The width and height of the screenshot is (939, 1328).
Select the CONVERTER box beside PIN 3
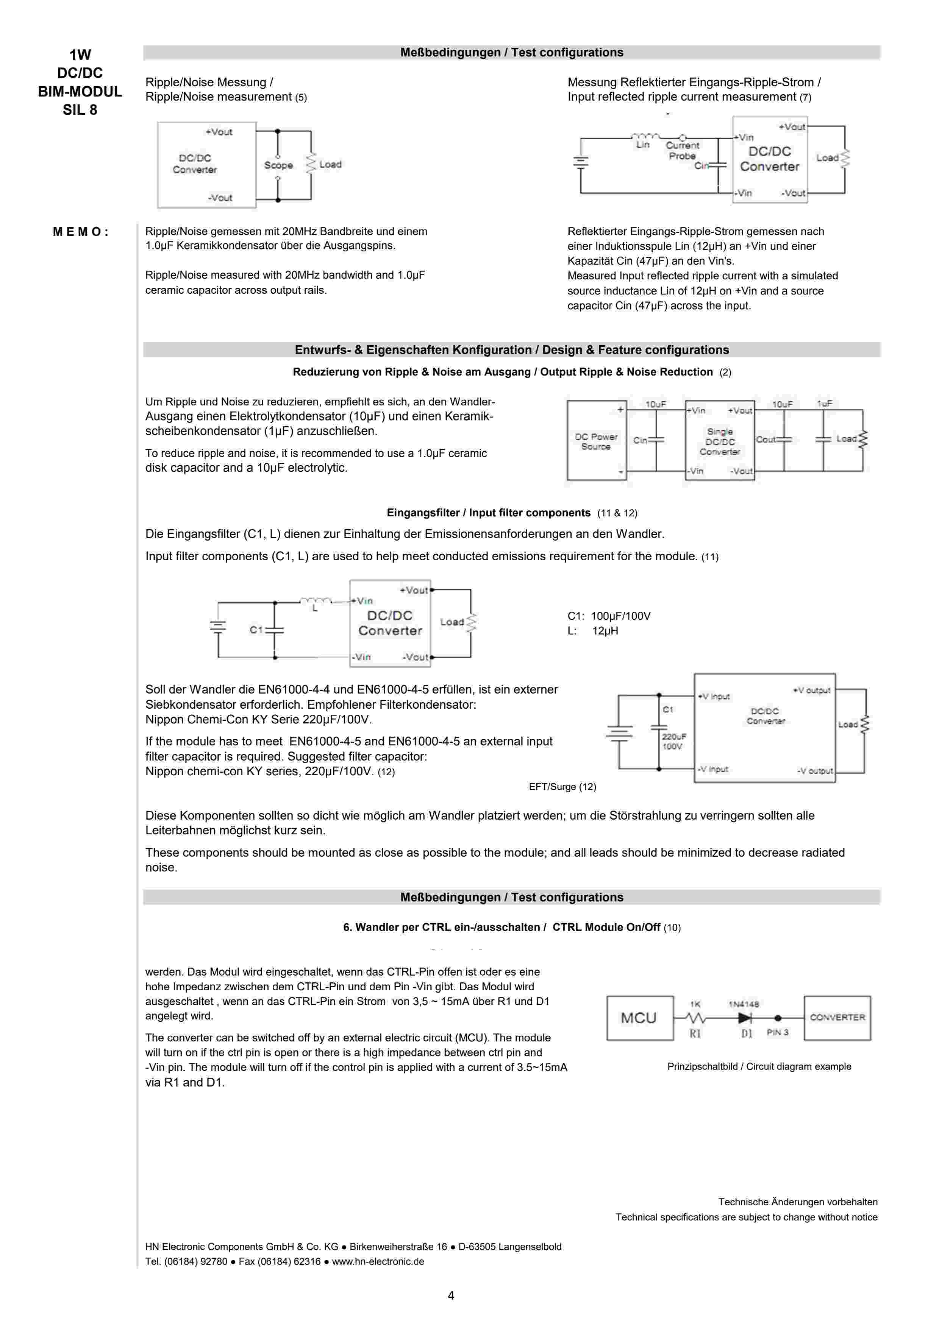point(837,1018)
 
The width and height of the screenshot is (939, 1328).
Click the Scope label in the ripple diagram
point(278,165)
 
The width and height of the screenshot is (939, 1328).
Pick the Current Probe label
point(682,151)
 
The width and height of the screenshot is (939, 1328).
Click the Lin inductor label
point(643,145)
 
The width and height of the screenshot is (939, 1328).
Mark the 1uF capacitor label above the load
point(825,404)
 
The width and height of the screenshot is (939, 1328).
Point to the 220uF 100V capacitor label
point(673,742)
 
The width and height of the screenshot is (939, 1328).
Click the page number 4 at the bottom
point(451,1295)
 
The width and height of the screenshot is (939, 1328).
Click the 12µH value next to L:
point(605,631)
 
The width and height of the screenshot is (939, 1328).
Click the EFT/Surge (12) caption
point(562,787)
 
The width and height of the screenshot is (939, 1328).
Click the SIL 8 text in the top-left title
point(80,110)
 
